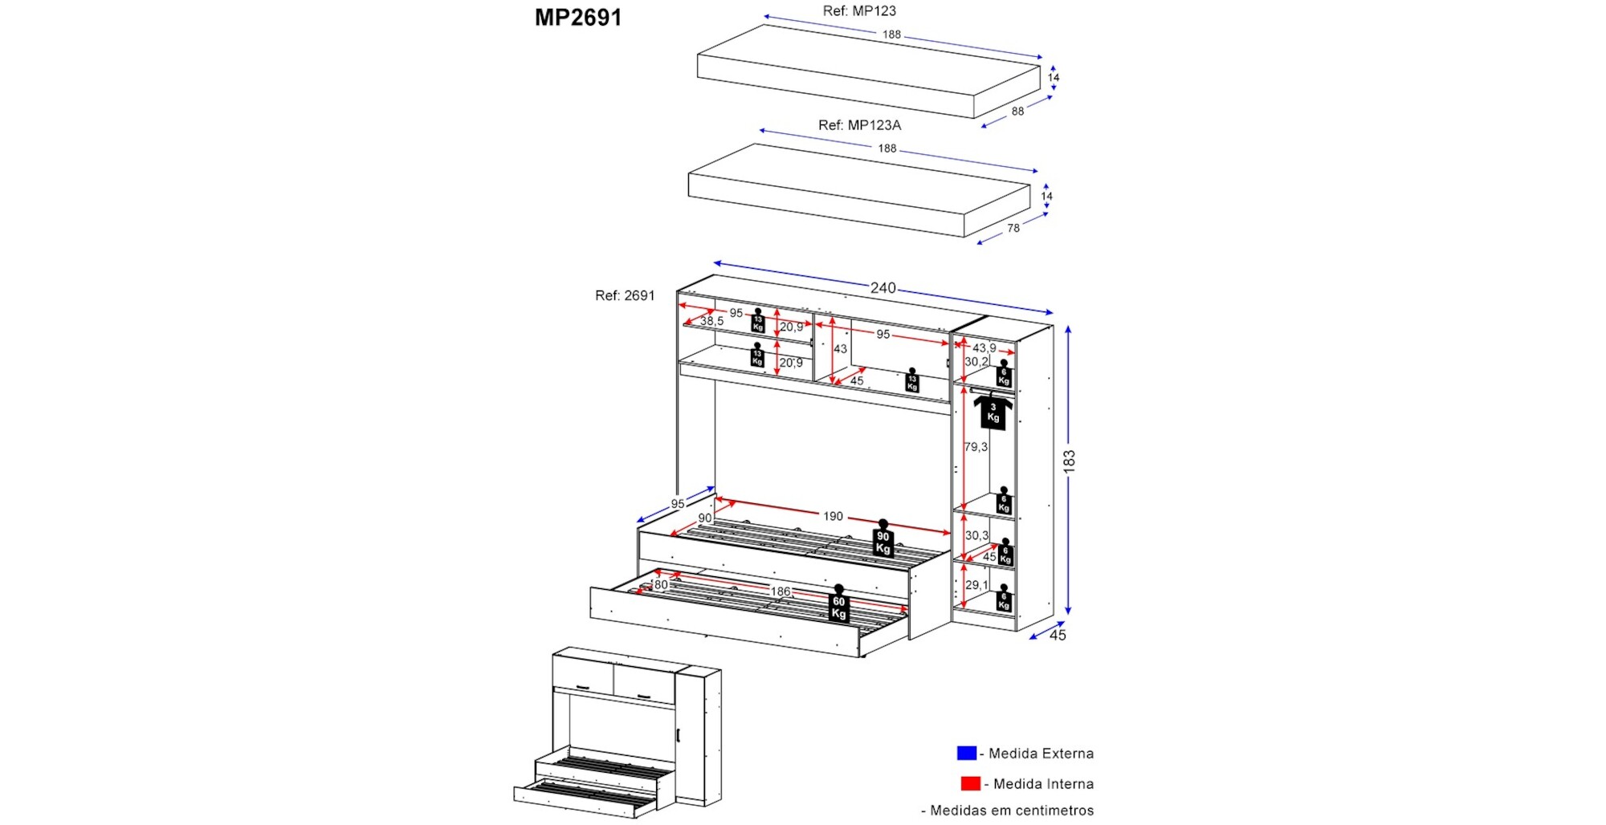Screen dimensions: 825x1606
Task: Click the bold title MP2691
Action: point(578,18)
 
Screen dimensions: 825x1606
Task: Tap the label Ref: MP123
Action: point(859,11)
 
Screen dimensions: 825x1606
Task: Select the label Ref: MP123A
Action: point(859,125)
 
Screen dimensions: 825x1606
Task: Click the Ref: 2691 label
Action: point(625,295)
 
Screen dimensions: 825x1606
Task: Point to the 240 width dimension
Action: point(882,287)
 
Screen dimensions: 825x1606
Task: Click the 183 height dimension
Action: point(1069,461)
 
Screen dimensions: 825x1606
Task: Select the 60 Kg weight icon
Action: point(839,606)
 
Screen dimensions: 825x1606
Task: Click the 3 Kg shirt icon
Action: point(993,412)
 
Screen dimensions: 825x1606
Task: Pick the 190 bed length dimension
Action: point(833,516)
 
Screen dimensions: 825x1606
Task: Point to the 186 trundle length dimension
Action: point(781,591)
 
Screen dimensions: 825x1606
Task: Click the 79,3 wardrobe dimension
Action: point(976,447)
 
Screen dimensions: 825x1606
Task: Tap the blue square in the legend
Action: point(966,753)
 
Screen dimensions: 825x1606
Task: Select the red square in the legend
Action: point(970,783)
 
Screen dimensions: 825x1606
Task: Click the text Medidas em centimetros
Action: point(1011,811)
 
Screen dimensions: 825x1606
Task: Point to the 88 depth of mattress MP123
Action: point(1017,112)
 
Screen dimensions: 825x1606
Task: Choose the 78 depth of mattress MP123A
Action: point(1013,228)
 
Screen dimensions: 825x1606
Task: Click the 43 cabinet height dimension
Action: point(840,349)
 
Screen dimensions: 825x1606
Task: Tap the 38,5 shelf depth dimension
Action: point(711,321)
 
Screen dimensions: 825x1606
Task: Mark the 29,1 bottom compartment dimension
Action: point(976,585)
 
